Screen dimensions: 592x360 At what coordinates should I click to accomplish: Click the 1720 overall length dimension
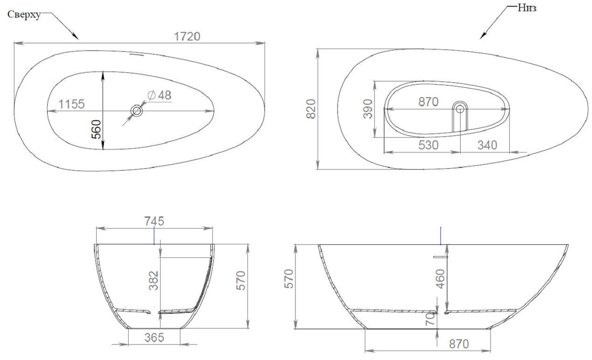click(x=187, y=36)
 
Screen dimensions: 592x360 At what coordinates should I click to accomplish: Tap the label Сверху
click(x=24, y=14)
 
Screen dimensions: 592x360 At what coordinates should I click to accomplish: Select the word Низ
click(x=527, y=8)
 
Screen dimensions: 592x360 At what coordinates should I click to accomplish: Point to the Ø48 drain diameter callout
click(x=159, y=95)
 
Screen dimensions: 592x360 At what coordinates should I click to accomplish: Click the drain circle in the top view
click(x=137, y=111)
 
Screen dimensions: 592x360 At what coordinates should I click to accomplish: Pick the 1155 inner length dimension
click(x=72, y=104)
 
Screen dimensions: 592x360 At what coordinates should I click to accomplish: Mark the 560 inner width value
click(x=96, y=129)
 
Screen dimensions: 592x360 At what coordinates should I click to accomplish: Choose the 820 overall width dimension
click(x=311, y=109)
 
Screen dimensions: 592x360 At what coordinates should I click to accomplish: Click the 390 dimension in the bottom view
click(x=368, y=109)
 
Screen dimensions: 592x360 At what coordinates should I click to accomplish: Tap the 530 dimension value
click(x=428, y=145)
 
